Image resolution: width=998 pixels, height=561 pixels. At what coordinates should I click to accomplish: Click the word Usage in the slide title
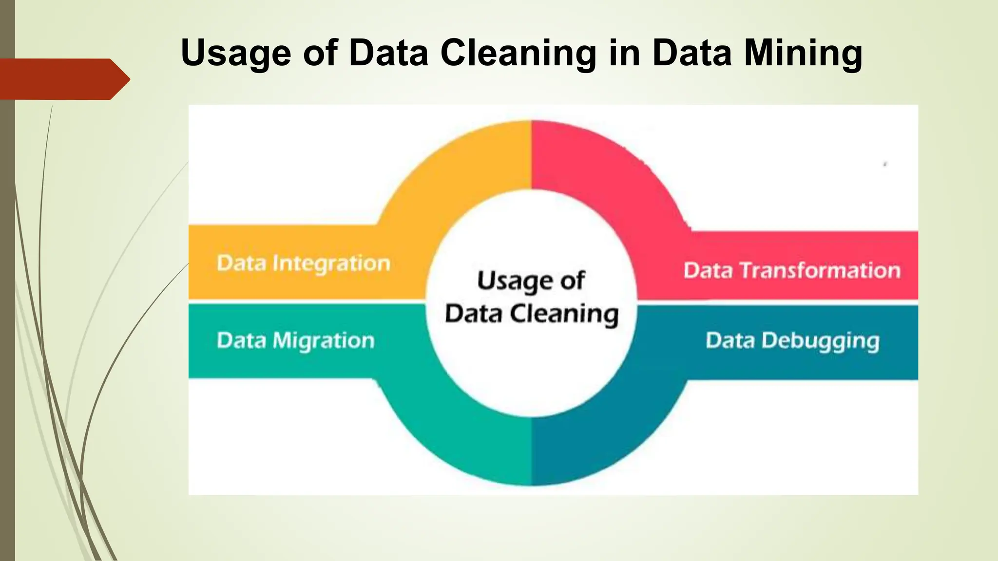coord(236,54)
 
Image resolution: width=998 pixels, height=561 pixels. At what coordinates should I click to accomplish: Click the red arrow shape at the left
coord(63,79)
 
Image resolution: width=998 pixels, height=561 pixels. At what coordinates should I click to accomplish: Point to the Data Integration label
coord(303,263)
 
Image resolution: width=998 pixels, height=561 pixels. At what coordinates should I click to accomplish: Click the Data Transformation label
coord(792,270)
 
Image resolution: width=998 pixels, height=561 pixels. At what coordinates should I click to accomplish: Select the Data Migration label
coord(296,340)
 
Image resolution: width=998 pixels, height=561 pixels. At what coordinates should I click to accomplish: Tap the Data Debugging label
coord(792,341)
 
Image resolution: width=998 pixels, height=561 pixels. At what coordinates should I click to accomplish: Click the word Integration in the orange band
coord(331,263)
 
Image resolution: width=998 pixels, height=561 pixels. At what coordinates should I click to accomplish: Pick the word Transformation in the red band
coord(821,270)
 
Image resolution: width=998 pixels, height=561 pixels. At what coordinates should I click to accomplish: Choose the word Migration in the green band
coord(324,341)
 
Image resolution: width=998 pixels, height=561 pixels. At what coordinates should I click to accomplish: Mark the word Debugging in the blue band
coord(821,341)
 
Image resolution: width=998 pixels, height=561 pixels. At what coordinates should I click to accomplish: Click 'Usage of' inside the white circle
coord(531,281)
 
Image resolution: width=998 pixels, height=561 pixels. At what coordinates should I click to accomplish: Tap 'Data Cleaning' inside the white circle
coord(531,314)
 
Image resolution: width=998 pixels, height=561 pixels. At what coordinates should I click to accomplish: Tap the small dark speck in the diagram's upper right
coord(885,165)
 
